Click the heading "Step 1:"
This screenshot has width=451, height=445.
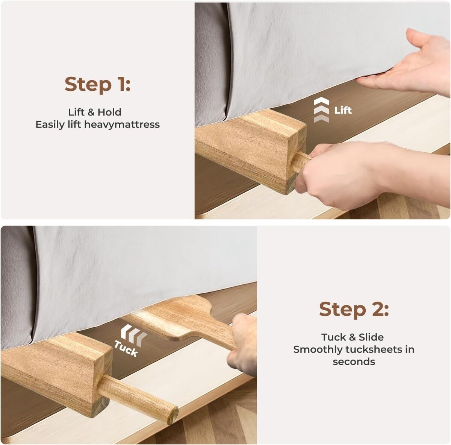point(97,84)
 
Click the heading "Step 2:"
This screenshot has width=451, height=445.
point(354,309)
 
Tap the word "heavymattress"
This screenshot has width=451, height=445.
point(122,124)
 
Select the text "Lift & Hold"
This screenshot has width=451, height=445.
point(95,112)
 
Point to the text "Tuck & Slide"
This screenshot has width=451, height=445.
point(353,337)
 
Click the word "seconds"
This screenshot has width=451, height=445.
point(354,361)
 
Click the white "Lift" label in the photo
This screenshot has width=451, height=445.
point(343,110)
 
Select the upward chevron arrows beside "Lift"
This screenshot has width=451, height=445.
point(321,110)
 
